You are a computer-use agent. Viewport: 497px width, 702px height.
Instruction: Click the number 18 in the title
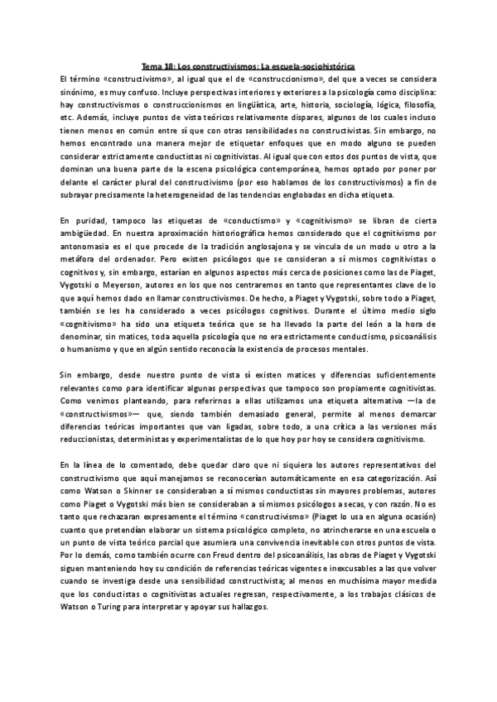tap(171, 66)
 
